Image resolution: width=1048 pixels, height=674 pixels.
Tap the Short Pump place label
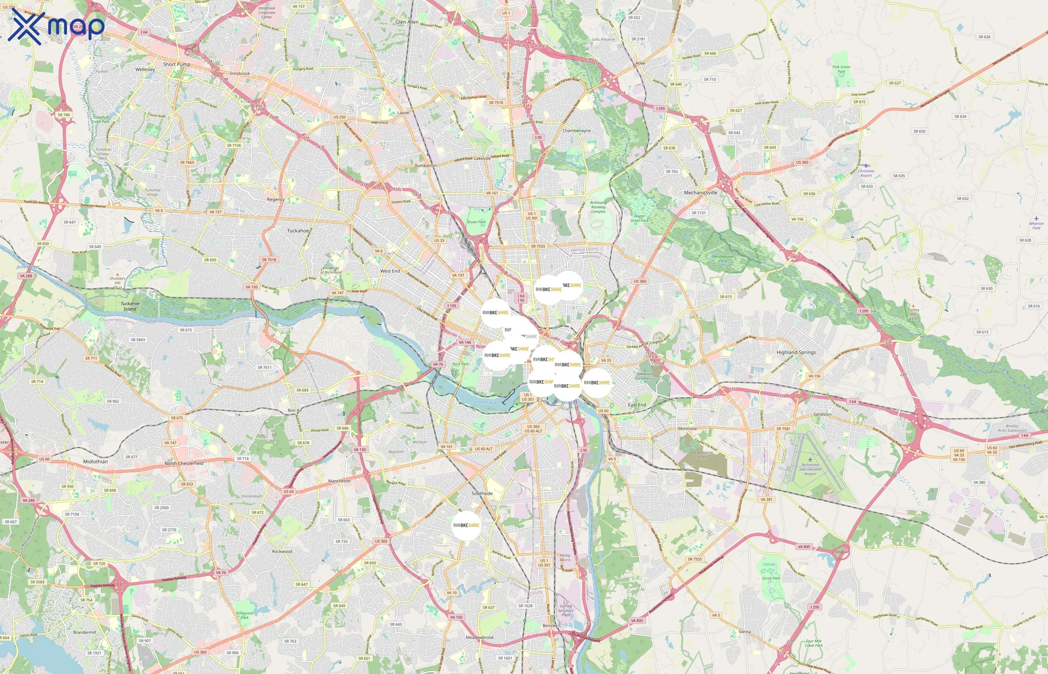point(177,64)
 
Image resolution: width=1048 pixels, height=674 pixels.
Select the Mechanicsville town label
point(700,192)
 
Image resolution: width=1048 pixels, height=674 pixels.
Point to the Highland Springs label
point(796,352)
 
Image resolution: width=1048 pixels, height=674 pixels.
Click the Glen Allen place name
point(407,22)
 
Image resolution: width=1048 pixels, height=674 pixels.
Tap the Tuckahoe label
point(298,231)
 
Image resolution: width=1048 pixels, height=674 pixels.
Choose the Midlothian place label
point(95,461)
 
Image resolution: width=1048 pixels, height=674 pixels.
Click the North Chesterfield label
point(184,463)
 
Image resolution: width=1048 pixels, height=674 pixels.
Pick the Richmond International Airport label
point(810,469)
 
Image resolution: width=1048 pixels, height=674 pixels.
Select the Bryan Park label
point(476,222)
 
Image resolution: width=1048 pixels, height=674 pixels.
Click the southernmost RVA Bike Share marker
point(466,525)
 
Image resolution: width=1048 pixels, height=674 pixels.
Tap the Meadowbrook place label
point(480,637)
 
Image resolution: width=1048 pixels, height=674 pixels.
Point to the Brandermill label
point(85,632)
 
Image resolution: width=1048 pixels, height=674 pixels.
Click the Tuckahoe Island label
point(130,306)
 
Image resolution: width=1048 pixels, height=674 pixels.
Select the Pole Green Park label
point(841,69)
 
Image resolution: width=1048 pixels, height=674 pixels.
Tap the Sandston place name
point(822,414)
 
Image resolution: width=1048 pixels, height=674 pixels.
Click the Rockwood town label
point(282,552)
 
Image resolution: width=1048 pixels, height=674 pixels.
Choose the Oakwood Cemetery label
point(644,376)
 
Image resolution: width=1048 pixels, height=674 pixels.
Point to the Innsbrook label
point(240,73)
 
